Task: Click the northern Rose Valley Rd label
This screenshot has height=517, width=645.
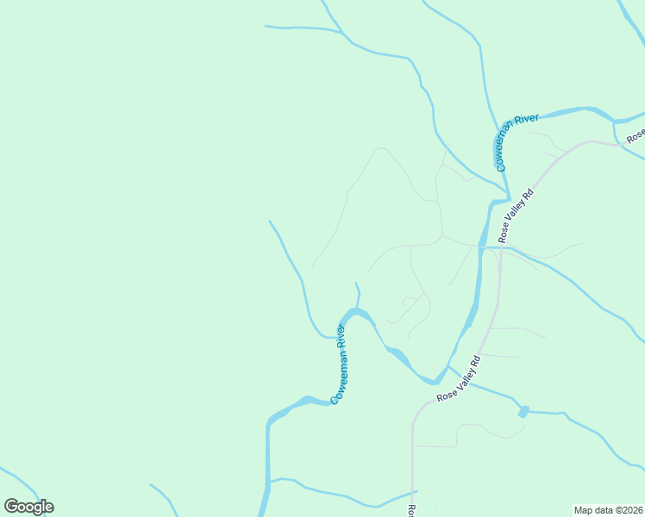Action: pos(517,215)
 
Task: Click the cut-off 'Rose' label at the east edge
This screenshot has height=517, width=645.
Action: pos(636,136)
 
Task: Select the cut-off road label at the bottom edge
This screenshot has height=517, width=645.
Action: pos(412,511)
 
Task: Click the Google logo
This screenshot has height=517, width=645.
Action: pos(28,507)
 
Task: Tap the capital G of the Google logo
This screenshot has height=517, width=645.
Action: pos(12,507)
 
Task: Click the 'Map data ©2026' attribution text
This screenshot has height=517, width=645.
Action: pos(608,509)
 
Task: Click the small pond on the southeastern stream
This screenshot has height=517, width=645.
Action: pos(523,412)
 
